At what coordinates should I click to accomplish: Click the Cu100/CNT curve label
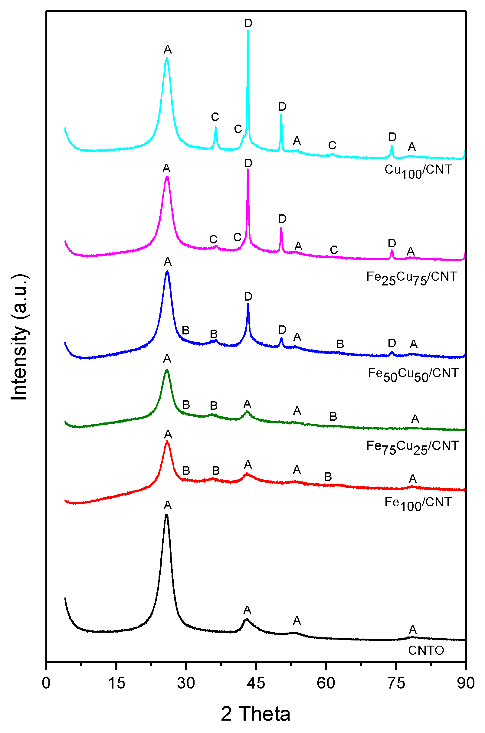tap(418, 171)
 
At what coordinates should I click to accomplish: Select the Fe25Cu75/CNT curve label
tap(411, 277)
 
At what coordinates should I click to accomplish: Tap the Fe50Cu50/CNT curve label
tap(413, 374)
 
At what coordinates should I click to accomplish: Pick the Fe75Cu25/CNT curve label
tap(412, 446)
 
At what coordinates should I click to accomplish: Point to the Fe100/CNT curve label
tap(418, 503)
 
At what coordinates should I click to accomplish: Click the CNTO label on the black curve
tap(426, 650)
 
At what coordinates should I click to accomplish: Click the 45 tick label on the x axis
tap(256, 683)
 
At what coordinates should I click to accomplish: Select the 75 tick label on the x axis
tap(396, 683)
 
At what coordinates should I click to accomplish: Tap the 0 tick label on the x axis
tap(46, 683)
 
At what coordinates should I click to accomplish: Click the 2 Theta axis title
tap(255, 714)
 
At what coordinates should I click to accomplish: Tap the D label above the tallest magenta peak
tap(248, 163)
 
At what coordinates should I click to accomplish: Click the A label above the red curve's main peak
tap(168, 434)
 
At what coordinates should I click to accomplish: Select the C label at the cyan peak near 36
tap(215, 117)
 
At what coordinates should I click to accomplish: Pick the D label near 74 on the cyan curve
tap(392, 137)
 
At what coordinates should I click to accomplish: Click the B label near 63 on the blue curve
tap(340, 344)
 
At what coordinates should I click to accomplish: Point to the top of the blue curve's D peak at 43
tap(248, 304)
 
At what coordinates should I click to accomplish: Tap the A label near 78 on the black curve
tap(413, 630)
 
